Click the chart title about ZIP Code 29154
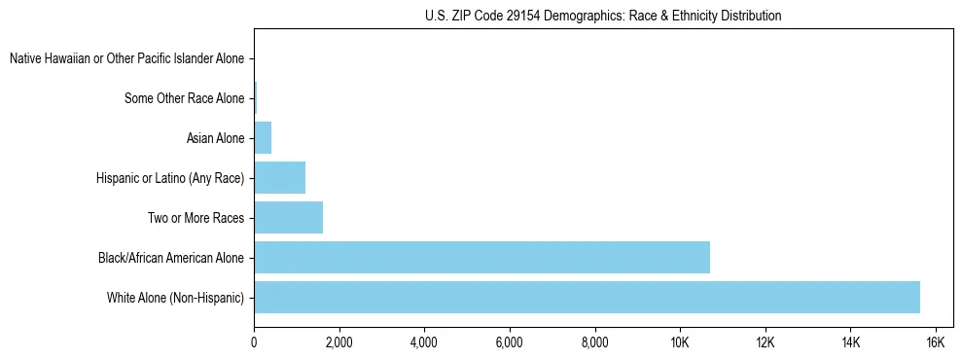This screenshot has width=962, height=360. (x=603, y=16)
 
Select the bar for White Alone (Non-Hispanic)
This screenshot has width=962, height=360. (x=587, y=297)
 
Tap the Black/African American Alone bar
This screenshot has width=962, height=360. (x=481, y=258)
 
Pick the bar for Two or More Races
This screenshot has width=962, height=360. (x=288, y=218)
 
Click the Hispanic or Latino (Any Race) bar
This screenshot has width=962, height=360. (x=279, y=178)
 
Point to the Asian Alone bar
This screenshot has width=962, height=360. (x=263, y=138)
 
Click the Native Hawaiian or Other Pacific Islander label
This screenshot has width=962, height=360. (x=126, y=59)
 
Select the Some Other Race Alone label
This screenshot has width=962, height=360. (x=185, y=98)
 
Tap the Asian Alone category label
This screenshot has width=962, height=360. (x=215, y=138)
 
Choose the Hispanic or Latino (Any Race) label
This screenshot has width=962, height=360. (x=170, y=178)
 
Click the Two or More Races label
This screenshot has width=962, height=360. (x=196, y=218)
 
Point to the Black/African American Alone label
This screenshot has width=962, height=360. (x=171, y=258)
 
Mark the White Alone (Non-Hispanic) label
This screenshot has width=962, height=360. (x=175, y=297)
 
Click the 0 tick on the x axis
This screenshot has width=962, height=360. (x=254, y=342)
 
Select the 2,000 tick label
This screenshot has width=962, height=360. (x=338, y=342)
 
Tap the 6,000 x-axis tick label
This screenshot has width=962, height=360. (x=509, y=342)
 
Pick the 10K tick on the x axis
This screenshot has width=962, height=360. (x=679, y=342)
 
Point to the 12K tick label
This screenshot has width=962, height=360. (x=765, y=342)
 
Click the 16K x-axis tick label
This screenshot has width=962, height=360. (x=935, y=342)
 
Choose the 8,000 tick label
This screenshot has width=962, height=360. (x=594, y=342)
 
